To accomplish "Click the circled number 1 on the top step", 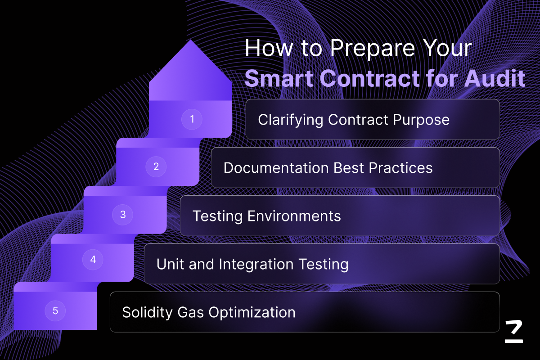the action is pos(192,119).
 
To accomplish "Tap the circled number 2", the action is pos(156,166).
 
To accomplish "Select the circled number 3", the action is pos(123,215).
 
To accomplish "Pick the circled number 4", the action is pos(93,260).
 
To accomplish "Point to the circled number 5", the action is pos(55,310).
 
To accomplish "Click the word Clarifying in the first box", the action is pos(291,120).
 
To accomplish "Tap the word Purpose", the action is pos(421,120).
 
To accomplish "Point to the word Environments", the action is pos(294,216).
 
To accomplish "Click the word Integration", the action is pos(256,265).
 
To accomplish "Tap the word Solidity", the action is pos(147,313).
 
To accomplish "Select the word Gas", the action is pos(191,312).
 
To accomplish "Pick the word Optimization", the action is pos(252,313).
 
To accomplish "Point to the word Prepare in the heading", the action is pos(373,49).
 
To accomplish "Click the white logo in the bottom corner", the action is pos(514,331).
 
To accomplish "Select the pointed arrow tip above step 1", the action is pos(191,40).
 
